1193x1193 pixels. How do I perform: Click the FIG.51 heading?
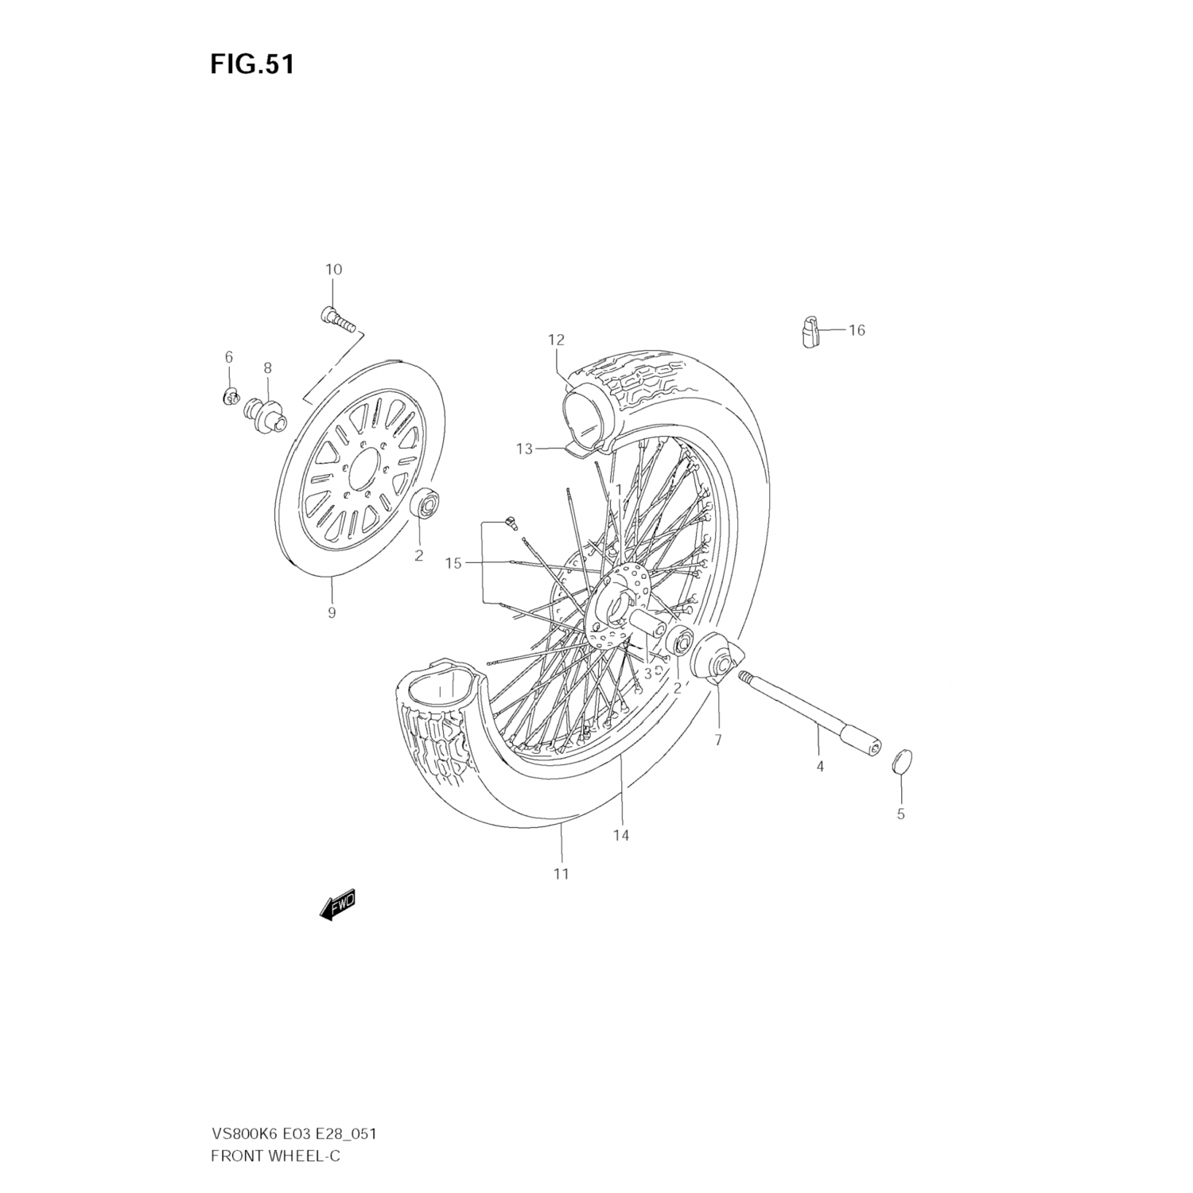point(252,64)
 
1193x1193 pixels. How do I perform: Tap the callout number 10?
point(333,270)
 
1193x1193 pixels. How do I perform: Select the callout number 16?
point(856,329)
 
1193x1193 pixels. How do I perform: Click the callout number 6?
point(228,356)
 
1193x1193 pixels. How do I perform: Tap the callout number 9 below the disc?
point(331,612)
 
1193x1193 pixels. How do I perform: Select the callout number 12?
point(555,340)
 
